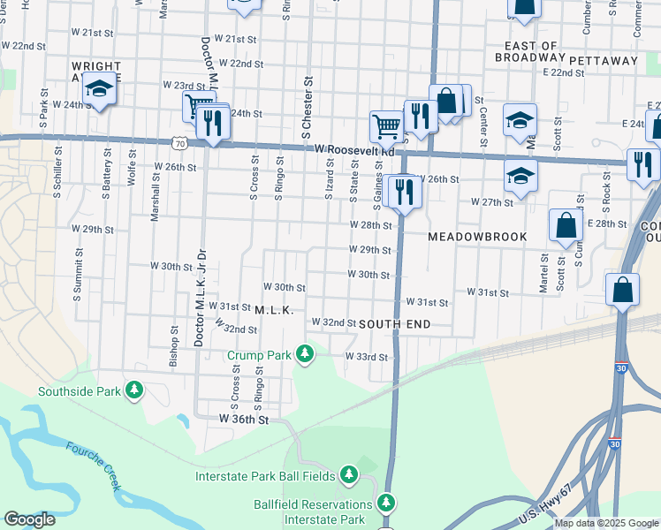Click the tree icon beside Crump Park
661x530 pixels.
tap(305, 354)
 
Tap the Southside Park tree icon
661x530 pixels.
tap(134, 390)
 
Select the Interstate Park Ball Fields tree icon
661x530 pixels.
tap(348, 476)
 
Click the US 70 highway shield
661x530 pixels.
tap(180, 141)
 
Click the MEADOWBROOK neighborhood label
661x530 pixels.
tap(477, 238)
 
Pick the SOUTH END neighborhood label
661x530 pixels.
tap(395, 324)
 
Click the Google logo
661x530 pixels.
tap(29, 519)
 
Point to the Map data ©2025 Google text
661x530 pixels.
tap(605, 523)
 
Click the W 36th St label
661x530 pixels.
tap(243, 418)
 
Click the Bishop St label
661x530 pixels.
tap(174, 351)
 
